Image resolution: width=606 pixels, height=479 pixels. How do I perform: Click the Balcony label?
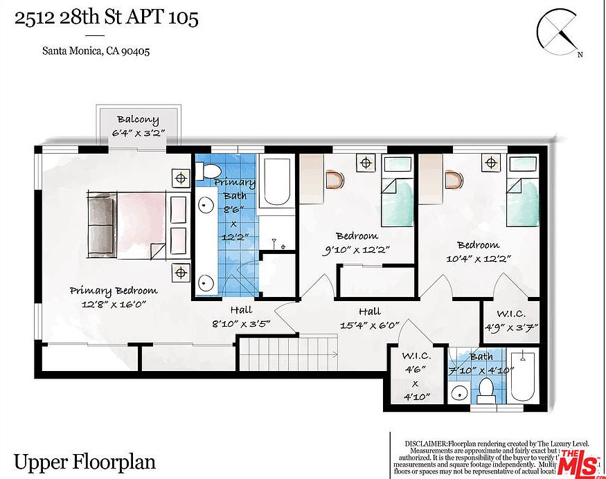pos(138,119)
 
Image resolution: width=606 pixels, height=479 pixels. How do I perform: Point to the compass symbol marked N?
pos(560,33)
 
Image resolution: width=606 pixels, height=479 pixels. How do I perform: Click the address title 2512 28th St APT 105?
pos(107,18)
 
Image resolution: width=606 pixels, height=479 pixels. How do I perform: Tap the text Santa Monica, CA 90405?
pos(96,51)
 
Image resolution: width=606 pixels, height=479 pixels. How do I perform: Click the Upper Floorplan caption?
pos(84,462)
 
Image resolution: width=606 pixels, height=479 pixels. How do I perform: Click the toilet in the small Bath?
pos(485,392)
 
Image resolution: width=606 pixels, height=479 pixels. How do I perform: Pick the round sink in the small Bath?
pos(458,394)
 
